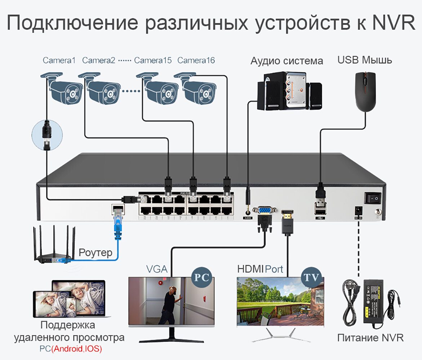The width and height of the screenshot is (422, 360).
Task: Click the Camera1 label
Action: (x=59, y=60)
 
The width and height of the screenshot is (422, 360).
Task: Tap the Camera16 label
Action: (x=196, y=60)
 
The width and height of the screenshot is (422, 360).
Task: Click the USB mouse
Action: (x=365, y=91)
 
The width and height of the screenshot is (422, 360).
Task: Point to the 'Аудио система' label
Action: (x=286, y=61)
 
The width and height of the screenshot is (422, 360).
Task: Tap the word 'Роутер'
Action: (x=95, y=252)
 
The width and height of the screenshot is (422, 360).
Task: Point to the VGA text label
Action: (x=156, y=269)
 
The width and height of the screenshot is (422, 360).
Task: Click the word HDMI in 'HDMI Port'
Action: (x=250, y=269)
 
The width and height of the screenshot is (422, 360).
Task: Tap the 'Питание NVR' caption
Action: (x=370, y=338)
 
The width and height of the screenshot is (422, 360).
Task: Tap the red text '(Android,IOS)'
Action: (x=76, y=349)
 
